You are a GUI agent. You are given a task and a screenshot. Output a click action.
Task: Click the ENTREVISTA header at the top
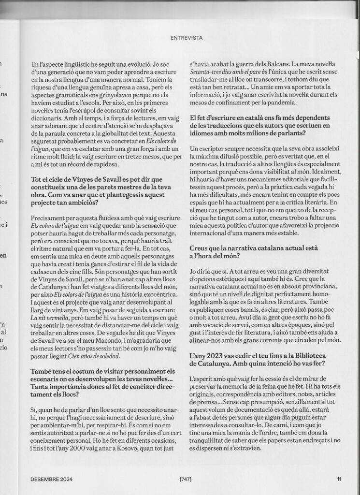187,37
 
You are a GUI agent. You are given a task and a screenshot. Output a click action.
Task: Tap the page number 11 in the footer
340,479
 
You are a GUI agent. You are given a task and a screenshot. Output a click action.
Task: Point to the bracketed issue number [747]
186,479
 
